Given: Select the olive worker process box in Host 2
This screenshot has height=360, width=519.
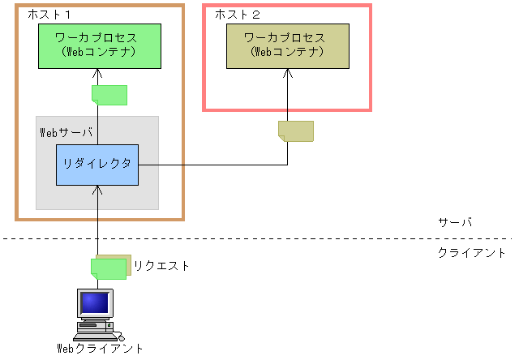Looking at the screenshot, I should [x=288, y=45].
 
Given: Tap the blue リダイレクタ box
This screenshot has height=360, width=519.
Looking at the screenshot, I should [x=97, y=165].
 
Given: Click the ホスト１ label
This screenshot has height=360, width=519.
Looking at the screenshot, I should [x=50, y=15].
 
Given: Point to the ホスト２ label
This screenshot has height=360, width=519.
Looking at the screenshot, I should [x=238, y=15].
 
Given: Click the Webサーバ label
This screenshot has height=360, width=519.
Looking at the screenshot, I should [x=66, y=131].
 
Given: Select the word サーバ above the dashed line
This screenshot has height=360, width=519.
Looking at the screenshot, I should [x=454, y=222].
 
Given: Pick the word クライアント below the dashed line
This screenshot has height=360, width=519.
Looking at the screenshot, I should [x=471, y=253].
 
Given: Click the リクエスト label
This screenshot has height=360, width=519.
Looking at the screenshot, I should [x=162, y=265].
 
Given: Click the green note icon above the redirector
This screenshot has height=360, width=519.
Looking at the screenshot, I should [x=109, y=95].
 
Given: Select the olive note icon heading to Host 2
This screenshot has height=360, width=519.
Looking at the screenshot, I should [x=295, y=131].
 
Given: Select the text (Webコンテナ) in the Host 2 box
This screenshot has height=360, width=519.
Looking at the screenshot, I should [x=288, y=52].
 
